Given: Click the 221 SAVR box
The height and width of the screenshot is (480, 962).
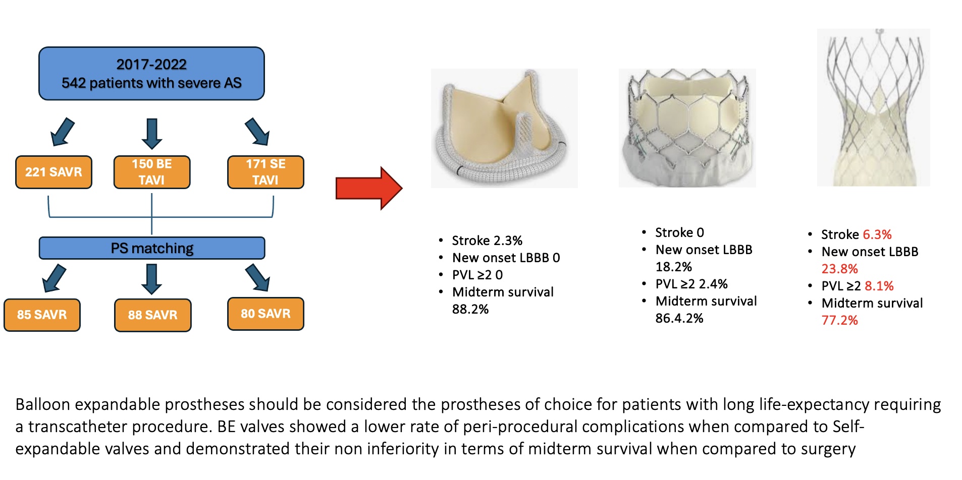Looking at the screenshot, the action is [54, 172].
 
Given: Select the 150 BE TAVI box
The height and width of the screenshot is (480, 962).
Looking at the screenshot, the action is [152, 172].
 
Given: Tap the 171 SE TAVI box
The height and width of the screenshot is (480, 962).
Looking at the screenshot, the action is [265, 172].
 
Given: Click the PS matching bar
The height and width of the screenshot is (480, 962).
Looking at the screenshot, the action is [152, 248].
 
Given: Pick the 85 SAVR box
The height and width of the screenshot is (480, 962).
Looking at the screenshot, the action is [42, 315].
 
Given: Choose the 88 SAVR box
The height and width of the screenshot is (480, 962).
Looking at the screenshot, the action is [152, 315].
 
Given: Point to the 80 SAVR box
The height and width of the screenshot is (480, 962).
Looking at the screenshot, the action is [265, 314].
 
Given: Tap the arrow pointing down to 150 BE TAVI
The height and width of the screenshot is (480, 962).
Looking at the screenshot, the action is [152, 133].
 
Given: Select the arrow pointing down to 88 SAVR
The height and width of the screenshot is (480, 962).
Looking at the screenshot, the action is [151, 279].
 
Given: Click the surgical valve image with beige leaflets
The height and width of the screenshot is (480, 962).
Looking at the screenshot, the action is [504, 129].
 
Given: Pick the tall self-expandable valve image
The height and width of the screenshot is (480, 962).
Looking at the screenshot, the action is [873, 107].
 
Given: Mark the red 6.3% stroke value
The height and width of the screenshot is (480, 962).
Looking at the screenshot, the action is [877, 234].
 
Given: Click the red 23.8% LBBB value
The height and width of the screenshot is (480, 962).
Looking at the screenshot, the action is [839, 269].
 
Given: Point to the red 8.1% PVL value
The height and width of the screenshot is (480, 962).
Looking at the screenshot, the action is [879, 286].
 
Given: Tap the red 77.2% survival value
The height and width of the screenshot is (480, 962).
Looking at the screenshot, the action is [839, 320].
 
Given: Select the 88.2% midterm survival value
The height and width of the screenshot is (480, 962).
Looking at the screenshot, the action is [470, 309].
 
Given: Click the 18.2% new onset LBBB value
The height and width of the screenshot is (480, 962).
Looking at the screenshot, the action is [673, 267].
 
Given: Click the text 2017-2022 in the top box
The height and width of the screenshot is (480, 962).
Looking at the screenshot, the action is [151, 65].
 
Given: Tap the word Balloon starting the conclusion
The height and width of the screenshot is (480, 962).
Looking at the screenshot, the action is [42, 404].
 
